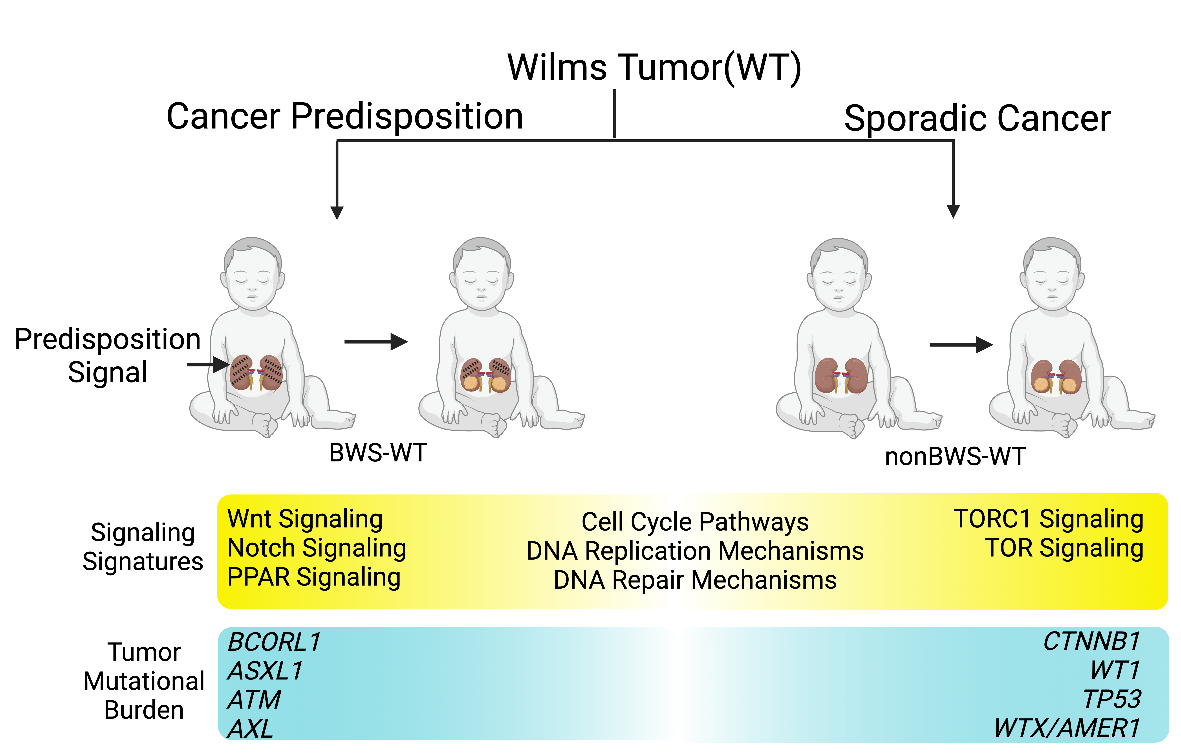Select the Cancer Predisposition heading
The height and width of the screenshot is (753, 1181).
coord(345,117)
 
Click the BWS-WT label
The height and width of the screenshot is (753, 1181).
coord(378,452)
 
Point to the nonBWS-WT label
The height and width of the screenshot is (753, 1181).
coord(955,457)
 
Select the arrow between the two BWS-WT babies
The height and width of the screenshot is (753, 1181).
coord(376,342)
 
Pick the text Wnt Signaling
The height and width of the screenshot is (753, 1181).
coord(305,519)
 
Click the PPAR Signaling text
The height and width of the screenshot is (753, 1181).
coord(314,577)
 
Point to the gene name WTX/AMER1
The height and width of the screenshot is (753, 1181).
coord(1067,728)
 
